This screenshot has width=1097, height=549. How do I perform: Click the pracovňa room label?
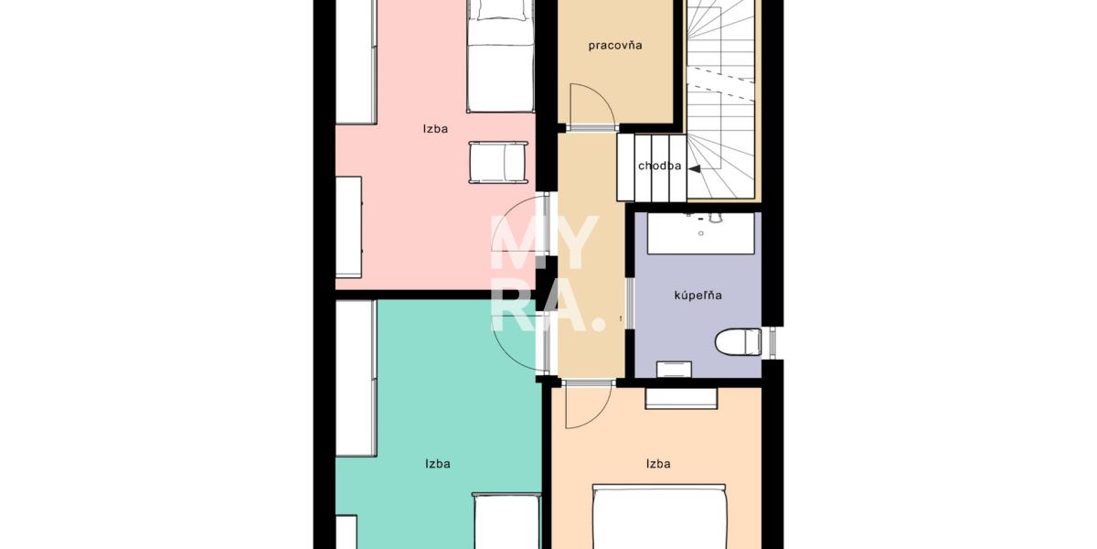615,46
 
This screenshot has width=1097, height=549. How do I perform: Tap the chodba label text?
660,166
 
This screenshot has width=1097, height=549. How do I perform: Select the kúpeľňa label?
698,295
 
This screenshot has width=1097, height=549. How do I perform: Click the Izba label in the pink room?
435,129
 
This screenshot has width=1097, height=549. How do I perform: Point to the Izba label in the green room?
438,464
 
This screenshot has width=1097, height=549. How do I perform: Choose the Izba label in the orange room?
658,464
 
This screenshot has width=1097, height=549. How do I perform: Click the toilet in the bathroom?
739,342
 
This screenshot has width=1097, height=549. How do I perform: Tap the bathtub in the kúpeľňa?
701,233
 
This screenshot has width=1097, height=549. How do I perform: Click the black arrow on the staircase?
695,168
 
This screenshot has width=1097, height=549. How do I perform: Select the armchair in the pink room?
498,162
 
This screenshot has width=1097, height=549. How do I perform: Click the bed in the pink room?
500,56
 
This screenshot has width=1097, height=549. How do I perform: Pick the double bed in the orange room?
659,517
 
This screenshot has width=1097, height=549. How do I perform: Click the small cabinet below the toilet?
674,369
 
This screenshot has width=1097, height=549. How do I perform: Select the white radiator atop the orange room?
681,398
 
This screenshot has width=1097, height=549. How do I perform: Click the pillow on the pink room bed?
500,9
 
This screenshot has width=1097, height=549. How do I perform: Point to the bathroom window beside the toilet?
772,342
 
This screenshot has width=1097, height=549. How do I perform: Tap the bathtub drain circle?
701,233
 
